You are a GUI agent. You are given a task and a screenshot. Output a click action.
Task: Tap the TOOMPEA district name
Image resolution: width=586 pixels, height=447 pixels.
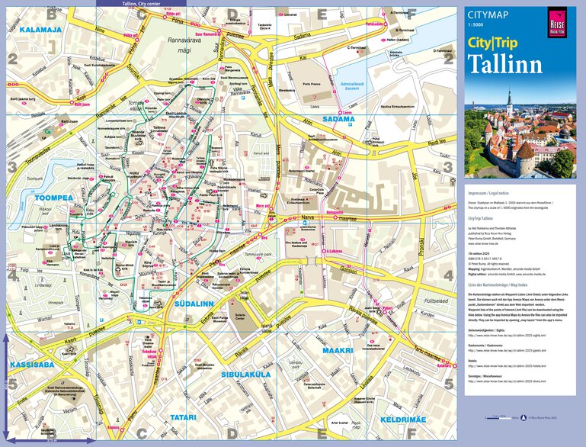tap(34, 196)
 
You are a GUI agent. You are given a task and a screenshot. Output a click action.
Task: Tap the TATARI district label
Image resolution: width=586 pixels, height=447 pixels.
tap(184, 418)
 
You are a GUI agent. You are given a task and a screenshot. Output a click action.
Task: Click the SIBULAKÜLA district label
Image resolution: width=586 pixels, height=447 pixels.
tap(247, 375)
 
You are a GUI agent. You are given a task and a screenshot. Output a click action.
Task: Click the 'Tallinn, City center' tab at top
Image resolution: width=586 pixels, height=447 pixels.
tap(145, 3)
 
